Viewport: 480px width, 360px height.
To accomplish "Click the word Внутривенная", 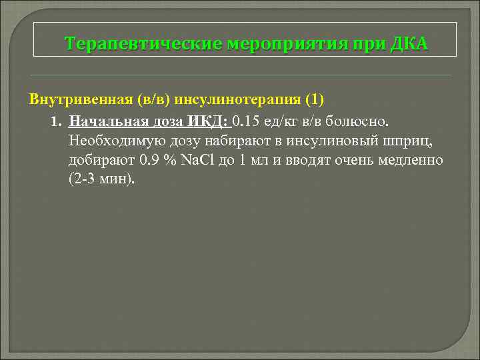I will [80, 99].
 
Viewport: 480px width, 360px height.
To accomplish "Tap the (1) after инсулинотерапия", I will [314, 99].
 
